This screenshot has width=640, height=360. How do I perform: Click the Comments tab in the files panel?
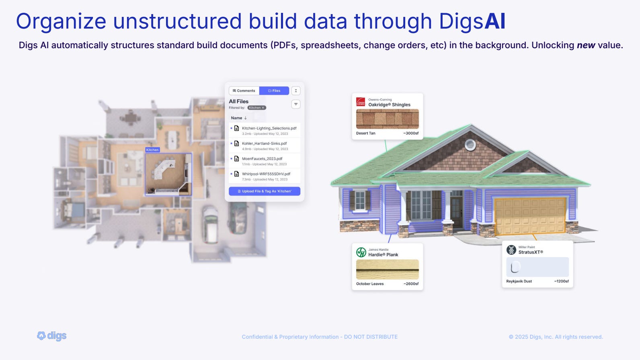coord(244,91)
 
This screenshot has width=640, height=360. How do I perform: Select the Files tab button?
coord(274,91)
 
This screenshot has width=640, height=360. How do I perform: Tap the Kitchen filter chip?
coord(256,108)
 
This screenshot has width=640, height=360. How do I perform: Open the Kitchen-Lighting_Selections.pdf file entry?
coord(269,128)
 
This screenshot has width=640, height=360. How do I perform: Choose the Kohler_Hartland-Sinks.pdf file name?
coord(264,143)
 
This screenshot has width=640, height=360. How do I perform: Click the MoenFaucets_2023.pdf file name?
coord(262,159)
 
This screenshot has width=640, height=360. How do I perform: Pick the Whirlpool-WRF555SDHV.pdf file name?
coord(266,174)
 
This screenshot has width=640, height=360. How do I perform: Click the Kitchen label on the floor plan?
coord(152,150)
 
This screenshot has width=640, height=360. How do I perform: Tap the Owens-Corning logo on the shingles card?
coord(361,102)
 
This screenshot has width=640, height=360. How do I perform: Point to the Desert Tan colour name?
coord(365,133)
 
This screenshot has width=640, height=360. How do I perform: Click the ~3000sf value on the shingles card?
coord(411,133)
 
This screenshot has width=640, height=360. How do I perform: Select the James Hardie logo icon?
coord(361,252)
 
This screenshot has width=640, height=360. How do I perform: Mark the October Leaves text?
coord(370,284)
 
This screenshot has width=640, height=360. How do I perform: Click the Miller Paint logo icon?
coord(511,250)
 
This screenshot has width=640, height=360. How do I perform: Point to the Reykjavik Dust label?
coord(519,281)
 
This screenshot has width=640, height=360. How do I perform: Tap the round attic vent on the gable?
coord(470,145)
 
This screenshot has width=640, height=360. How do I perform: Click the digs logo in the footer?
coord(52,336)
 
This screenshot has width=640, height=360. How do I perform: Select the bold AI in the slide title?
coord(494,21)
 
